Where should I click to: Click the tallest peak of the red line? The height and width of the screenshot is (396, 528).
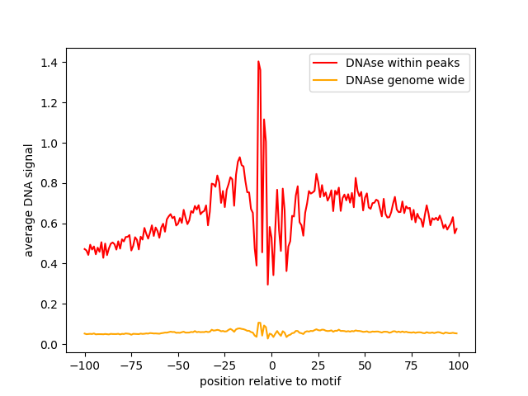coord(258,61)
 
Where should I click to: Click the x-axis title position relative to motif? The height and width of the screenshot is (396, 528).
coord(271,381)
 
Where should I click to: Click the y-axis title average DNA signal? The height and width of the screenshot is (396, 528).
coord(29,200)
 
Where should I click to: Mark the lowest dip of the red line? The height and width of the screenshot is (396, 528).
coord(267,285)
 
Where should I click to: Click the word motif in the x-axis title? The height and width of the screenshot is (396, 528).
coord(325,381)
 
